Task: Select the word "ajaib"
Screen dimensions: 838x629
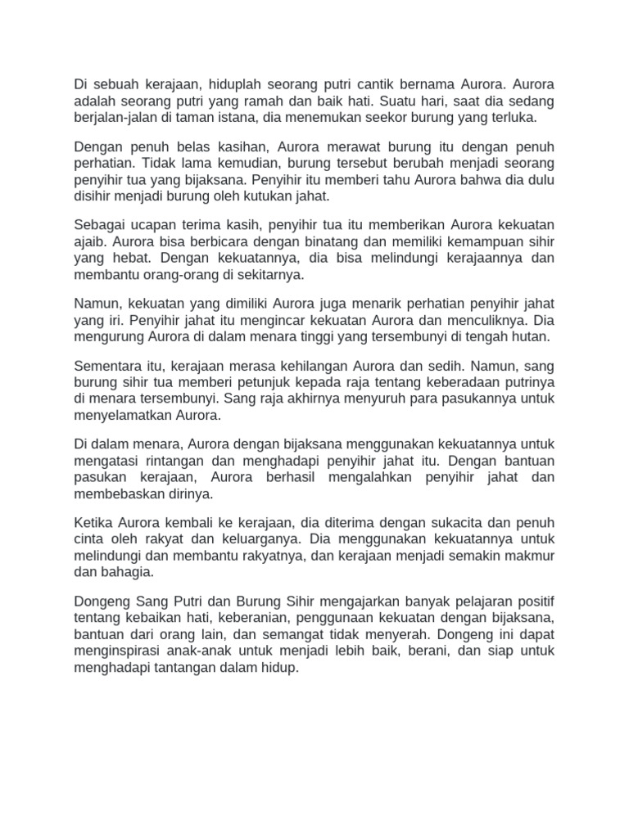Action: (x=91, y=243)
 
